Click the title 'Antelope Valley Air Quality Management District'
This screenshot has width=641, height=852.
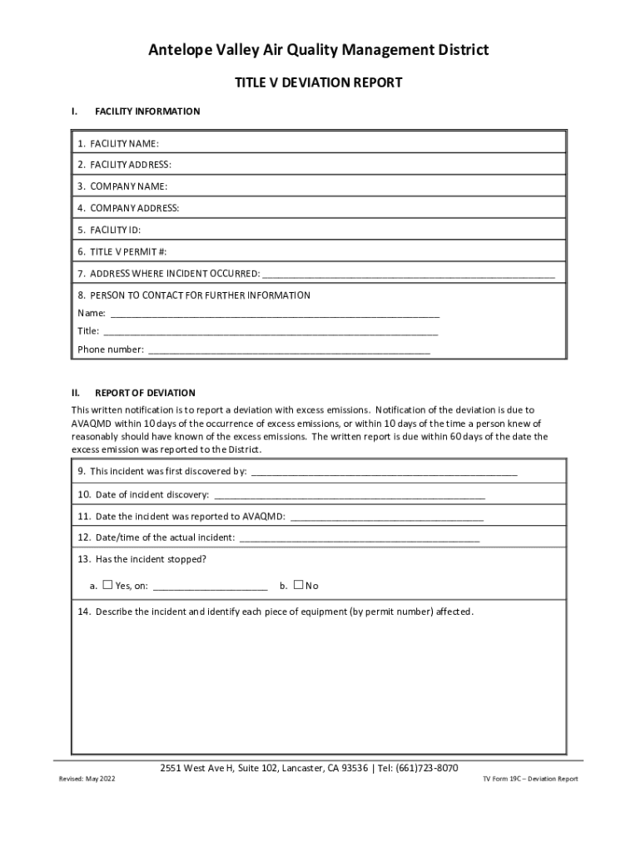(x=319, y=51)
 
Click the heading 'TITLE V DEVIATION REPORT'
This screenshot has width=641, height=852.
(x=319, y=82)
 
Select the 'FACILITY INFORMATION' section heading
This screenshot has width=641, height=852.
(x=147, y=111)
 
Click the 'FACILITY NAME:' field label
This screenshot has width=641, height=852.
(x=118, y=144)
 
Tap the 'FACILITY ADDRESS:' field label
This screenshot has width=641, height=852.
(x=125, y=165)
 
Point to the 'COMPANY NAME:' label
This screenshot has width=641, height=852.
(x=122, y=186)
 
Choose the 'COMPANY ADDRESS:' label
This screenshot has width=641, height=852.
(x=128, y=208)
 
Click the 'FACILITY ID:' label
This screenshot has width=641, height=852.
(x=109, y=230)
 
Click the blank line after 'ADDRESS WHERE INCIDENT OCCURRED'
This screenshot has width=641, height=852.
(x=408, y=275)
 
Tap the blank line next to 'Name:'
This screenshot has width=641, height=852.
(x=275, y=315)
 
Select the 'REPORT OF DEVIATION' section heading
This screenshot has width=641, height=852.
(x=145, y=393)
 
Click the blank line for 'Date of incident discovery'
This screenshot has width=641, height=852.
(x=349, y=497)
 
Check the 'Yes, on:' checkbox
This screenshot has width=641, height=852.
(x=107, y=585)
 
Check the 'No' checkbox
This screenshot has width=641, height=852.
(x=299, y=585)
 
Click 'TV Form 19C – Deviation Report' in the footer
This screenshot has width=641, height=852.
(x=530, y=780)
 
